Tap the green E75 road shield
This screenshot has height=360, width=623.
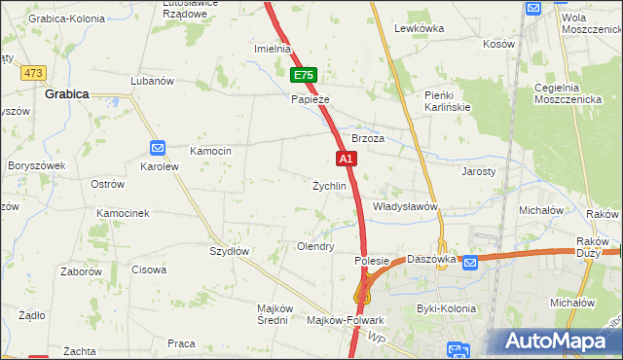point(303,75)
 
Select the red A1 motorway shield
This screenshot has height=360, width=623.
point(346,158)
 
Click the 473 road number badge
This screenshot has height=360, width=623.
point(35,73)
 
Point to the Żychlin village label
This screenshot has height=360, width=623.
point(329,186)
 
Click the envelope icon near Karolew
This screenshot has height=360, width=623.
point(159,147)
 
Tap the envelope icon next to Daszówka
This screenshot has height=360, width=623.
point(470,262)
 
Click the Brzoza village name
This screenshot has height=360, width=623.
point(369,139)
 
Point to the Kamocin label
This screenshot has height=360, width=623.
point(210,151)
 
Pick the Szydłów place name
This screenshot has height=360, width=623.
point(231,250)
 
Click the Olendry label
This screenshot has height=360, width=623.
point(315,247)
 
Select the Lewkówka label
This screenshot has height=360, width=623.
point(420,29)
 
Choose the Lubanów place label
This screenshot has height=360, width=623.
point(151,81)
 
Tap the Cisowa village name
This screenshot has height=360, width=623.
point(149,270)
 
